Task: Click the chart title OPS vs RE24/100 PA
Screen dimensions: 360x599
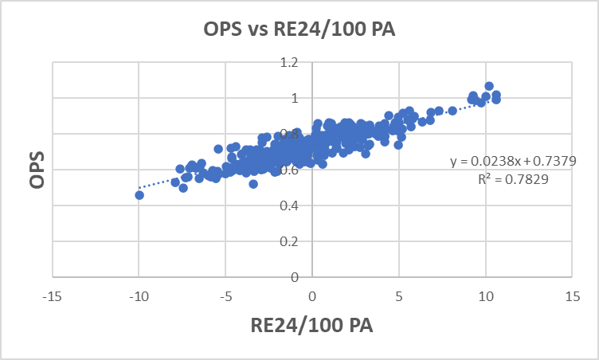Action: click(299, 31)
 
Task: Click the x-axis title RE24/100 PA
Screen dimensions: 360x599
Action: click(311, 326)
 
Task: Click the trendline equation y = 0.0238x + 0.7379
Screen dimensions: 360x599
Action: click(513, 161)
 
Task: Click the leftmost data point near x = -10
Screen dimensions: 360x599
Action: click(139, 195)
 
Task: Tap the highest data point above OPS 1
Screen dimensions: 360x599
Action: click(489, 86)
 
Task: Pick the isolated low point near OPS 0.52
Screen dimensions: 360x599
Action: click(253, 184)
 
